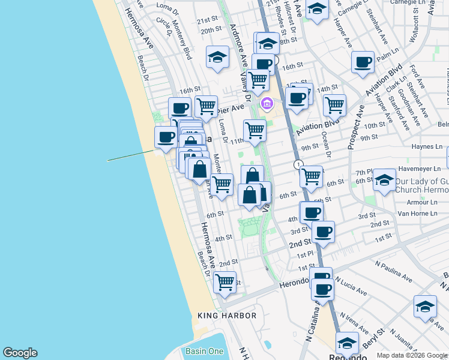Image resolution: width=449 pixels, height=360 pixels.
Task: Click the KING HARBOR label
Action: coord(227,316)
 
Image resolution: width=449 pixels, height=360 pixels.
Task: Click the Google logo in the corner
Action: coord(20,353)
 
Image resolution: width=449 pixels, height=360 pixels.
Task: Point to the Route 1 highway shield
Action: coord(297,164)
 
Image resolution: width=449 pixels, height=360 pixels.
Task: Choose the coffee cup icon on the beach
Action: coord(166,136)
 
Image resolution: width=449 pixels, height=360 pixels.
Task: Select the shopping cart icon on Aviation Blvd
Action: coord(334,105)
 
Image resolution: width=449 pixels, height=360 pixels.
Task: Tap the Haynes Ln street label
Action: coord(427,146)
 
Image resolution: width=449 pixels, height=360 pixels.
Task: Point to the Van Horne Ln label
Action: coord(420,214)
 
